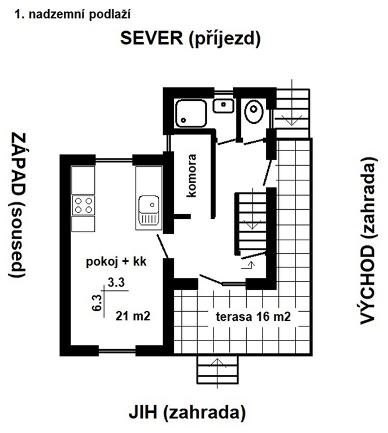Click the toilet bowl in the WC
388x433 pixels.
click(254, 111)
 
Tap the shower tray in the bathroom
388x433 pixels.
click(191, 113)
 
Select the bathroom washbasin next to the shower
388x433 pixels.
click(224, 105)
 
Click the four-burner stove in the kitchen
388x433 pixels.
click(83, 205)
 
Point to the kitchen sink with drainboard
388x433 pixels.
click(149, 210)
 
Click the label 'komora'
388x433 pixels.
click(191, 176)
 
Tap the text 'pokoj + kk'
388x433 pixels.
click(116, 261)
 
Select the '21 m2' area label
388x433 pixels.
click(133, 316)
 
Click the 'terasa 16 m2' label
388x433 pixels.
click(254, 316)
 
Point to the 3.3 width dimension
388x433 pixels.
click(116, 282)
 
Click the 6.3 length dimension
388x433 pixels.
click(97, 303)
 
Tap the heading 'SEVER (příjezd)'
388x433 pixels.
click(190, 38)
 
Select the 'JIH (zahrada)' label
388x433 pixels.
click(188, 413)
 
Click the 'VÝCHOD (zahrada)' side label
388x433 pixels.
click(369, 241)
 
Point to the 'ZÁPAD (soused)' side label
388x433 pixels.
click(18, 205)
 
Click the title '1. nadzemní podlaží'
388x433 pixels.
click(72, 14)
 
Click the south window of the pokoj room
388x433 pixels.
click(117, 351)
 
